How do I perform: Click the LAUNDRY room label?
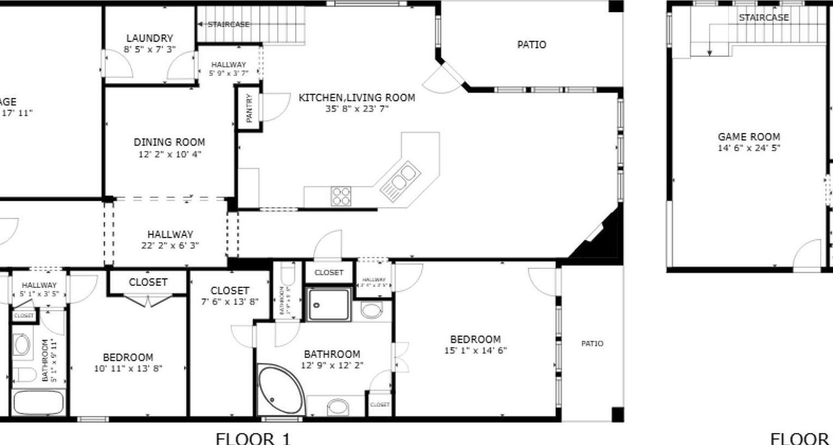coord(149,39)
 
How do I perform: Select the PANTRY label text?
coord(249,108)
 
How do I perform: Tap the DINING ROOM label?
coord(169,142)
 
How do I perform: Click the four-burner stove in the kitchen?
coord(341,196)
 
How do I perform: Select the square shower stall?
coord(329,304)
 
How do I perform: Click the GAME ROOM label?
coord(749,137)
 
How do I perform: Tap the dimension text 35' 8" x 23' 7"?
coord(357,109)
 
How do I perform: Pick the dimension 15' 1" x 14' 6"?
coord(475,351)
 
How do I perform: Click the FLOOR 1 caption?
coord(253,438)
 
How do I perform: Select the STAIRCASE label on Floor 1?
coord(228,24)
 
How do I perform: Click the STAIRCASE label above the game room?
coord(764,18)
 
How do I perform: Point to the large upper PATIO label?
coord(531,44)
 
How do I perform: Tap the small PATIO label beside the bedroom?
coord(592,344)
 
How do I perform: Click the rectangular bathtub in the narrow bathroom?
coord(39,402)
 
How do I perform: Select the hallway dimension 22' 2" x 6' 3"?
coord(170,245)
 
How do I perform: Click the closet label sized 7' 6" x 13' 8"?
coord(230,291)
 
